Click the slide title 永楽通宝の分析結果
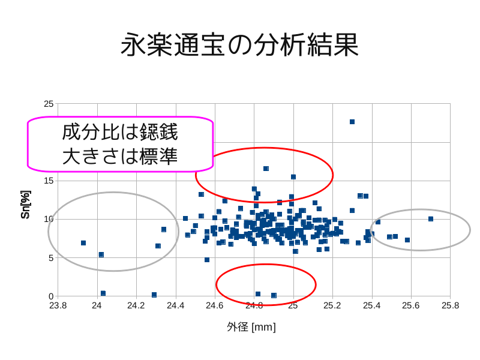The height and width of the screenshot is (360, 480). coord(240,45)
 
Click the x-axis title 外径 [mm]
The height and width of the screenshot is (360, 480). coord(251,327)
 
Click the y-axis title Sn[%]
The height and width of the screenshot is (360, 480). coord(25,205)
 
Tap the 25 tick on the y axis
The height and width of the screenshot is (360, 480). coord(49,104)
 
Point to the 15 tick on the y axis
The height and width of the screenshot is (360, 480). coord(49,181)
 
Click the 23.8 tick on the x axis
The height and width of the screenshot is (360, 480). coord(58,305)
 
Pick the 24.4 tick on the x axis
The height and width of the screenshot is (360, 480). coord(175,305)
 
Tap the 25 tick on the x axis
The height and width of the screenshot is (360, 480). coord(293,305)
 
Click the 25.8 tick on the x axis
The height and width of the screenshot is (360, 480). coord(450,305)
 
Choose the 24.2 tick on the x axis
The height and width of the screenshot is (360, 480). coord(136,305)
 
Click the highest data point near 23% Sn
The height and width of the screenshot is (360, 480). coord(352,122)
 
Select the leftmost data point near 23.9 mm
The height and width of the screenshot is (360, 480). coord(83,243)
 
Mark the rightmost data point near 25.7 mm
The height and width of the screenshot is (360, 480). coord(431,219)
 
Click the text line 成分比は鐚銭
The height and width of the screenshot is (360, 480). coord(120,132)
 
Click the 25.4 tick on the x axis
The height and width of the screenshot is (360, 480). coord(372,305)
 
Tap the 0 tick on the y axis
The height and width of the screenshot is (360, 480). coord(51,296)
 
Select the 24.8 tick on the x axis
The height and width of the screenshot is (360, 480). coord(254,305)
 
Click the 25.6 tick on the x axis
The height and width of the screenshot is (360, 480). coord(411,305)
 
